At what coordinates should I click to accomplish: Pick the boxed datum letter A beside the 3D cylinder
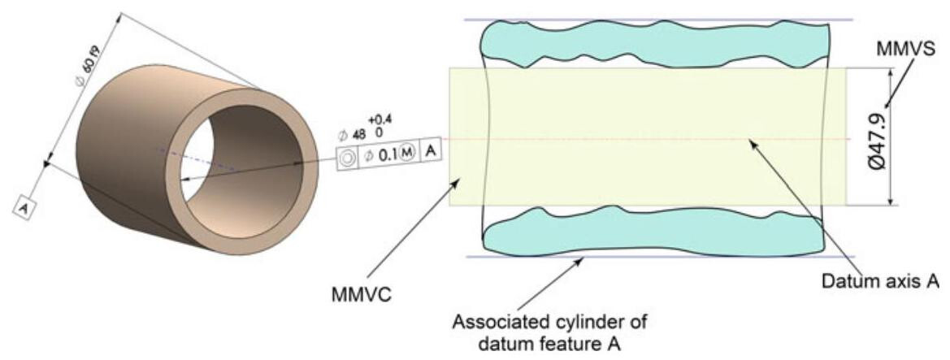point(25,207)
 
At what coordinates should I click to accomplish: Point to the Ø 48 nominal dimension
point(355,134)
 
